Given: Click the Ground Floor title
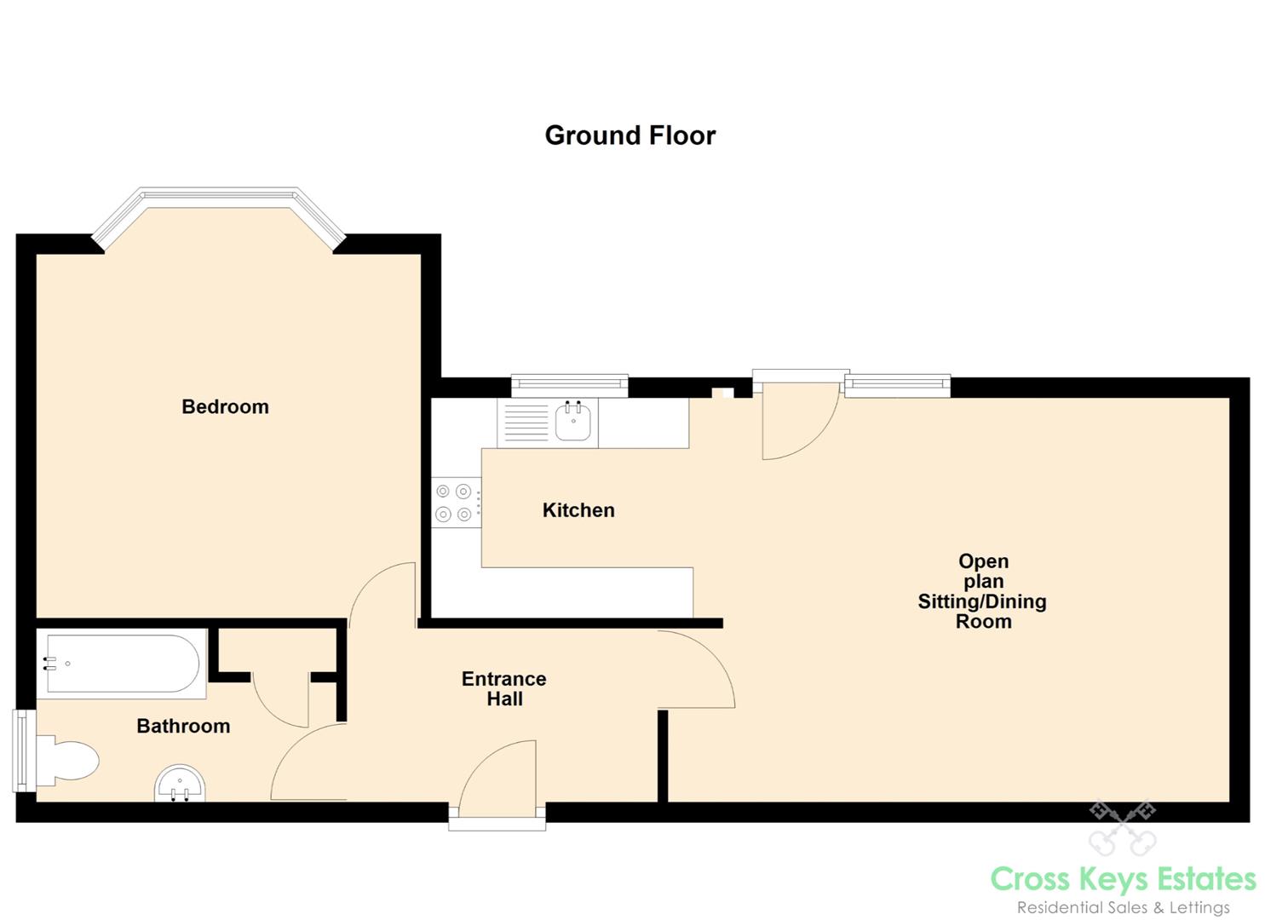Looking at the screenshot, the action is [630, 135].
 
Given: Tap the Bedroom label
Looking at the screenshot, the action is [225, 406].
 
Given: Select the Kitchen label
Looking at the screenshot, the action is [578, 510].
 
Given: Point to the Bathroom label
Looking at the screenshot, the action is [183, 726].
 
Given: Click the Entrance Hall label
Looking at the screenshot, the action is [503, 688].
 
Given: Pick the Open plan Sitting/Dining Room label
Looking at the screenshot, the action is [982, 591].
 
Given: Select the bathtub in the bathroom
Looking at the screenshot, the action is [122, 663].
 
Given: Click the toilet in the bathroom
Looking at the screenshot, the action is [66, 760].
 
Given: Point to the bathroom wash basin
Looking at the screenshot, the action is [180, 784].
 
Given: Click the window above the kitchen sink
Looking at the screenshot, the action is [569, 385].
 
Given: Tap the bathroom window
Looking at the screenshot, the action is [24, 750].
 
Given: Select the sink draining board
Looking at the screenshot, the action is [526, 423].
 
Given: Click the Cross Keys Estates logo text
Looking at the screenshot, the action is [1124, 879].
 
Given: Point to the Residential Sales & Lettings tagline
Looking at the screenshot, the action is [1124, 907].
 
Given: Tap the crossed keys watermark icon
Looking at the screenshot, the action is [1123, 827].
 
